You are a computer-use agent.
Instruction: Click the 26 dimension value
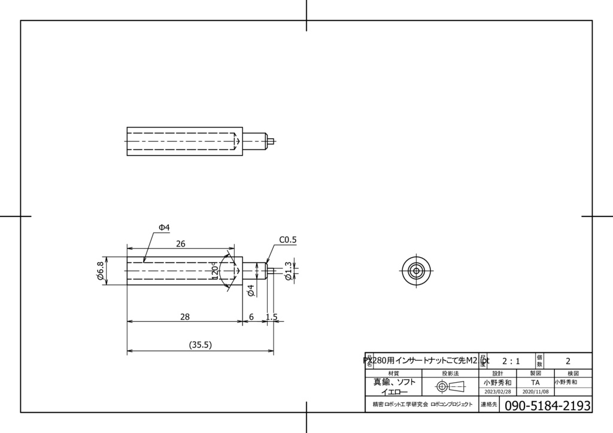click(180, 244)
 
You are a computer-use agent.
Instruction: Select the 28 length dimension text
click(185, 317)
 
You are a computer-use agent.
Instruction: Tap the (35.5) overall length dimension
click(201, 345)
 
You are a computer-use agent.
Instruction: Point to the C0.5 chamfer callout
click(287, 240)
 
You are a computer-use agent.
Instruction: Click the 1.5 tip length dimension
click(271, 317)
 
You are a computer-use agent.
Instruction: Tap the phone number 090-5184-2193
click(548, 405)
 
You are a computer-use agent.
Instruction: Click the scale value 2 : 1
click(511, 361)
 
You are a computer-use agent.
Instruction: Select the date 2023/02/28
click(497, 392)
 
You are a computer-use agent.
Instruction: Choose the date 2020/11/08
click(535, 392)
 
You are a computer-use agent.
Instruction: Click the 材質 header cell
click(393, 373)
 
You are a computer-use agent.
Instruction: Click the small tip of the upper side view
click(271, 142)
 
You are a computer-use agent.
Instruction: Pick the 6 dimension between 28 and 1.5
click(251, 317)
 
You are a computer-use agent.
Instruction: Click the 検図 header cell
click(572, 373)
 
